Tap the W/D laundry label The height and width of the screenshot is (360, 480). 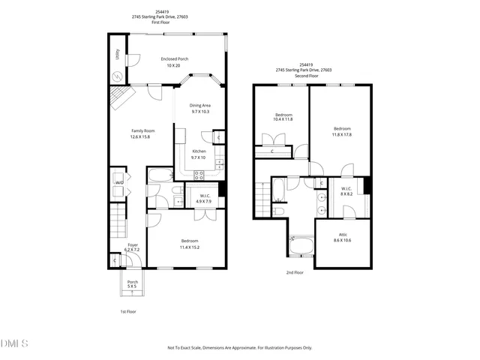[118, 182]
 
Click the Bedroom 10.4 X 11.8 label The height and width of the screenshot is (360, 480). [282, 116]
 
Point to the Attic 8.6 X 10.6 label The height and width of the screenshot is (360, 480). [342, 237]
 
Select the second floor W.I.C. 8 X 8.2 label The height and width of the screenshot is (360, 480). [346, 190]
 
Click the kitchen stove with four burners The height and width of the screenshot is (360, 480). [199, 175]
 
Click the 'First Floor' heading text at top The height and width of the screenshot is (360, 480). [162, 22]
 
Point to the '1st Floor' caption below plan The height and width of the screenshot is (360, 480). [128, 310]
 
